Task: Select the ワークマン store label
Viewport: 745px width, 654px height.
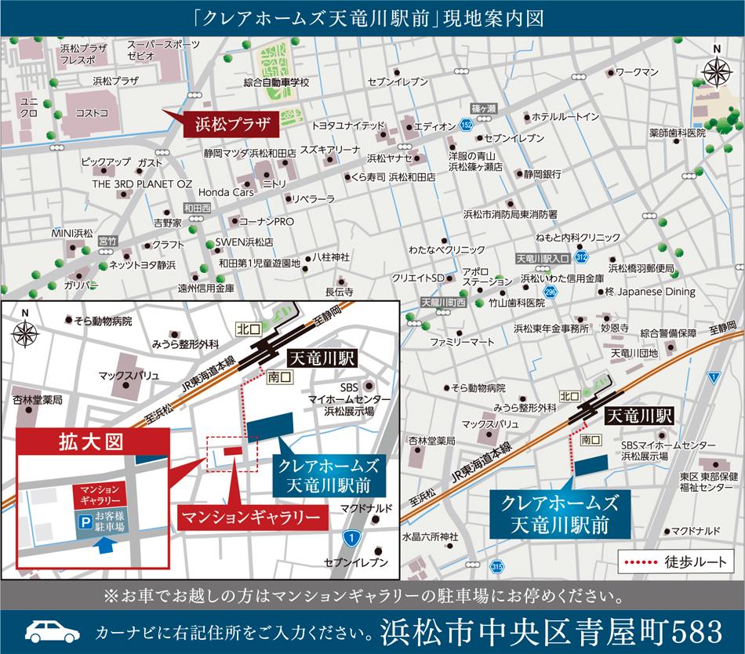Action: point(636,72)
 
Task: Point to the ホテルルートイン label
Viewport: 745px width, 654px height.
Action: point(565,116)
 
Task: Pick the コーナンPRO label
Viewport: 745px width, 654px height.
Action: point(266,222)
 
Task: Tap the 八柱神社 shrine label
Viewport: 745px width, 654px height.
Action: point(330,256)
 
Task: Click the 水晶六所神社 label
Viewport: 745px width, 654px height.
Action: point(429,536)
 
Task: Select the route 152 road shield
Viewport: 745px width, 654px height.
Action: point(467,125)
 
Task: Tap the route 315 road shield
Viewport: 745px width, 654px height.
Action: point(496,567)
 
